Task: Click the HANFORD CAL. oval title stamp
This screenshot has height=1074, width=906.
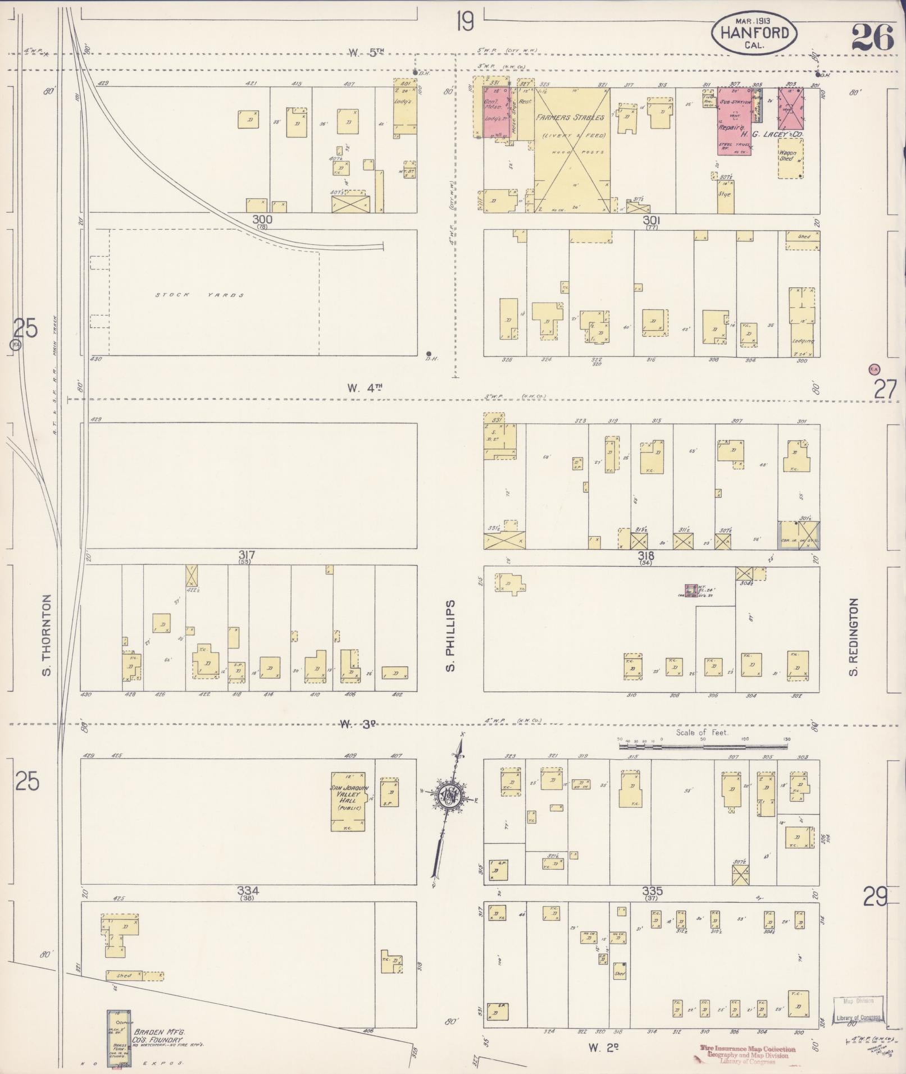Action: tap(754, 33)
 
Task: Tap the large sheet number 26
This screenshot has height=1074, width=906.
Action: tap(872, 38)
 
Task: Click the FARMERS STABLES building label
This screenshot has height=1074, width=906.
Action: tap(570, 118)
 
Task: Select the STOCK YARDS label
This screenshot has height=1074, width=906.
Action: tap(200, 295)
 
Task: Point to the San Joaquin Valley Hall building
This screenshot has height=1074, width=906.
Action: tap(350, 800)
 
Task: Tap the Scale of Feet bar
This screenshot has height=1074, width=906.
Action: tap(704, 746)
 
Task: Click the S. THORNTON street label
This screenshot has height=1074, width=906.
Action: tap(47, 635)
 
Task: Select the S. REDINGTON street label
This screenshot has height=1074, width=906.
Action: tap(854, 637)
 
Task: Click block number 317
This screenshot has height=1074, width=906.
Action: tap(247, 555)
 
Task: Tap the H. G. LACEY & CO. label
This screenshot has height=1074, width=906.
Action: tap(771, 135)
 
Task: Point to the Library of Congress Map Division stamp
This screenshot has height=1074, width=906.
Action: tap(858, 1008)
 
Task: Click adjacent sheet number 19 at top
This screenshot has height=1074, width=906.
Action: tap(465, 22)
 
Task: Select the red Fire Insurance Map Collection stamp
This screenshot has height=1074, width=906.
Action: tap(748, 1054)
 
